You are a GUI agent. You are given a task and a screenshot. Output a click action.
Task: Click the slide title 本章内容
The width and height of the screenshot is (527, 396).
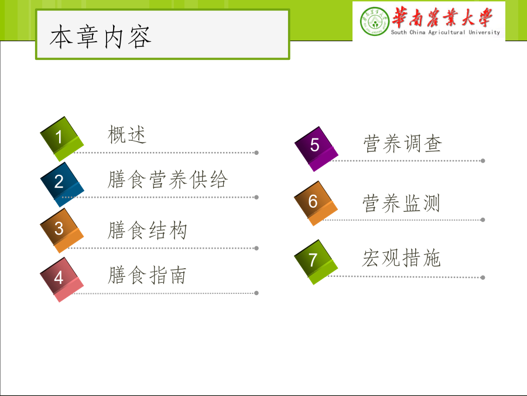(101, 37)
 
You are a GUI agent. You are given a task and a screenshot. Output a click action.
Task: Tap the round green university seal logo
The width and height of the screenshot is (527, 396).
(374, 21)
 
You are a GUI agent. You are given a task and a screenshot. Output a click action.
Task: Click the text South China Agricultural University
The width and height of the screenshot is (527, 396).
(446, 32)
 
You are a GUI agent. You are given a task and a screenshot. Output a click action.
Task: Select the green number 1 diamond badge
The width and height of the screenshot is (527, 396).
(62, 139)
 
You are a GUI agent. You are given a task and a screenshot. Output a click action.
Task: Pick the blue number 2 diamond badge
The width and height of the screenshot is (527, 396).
(62, 185)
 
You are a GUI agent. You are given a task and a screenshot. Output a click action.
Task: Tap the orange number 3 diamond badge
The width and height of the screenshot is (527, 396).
(62, 231)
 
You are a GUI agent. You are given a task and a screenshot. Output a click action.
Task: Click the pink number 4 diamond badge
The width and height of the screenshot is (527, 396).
(62, 279)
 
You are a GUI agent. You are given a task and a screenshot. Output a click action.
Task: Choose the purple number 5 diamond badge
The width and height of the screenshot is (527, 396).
(316, 149)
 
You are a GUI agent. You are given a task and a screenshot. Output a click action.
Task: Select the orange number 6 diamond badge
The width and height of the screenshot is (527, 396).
(316, 204)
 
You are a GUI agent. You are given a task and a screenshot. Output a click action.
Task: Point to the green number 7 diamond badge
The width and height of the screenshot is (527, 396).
(316, 262)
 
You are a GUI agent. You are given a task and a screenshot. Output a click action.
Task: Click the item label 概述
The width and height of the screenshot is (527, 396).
(127, 135)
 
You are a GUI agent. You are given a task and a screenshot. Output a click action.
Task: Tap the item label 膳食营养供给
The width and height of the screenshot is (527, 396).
(167, 180)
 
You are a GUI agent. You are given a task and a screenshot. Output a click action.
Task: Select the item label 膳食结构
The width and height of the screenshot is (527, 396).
(147, 231)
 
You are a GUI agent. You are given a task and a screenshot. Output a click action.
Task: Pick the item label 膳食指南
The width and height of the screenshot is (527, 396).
(147, 275)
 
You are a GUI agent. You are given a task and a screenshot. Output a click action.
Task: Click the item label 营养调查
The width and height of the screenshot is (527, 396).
(403, 144)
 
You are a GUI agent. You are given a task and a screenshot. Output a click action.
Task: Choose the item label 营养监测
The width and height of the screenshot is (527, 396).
(401, 204)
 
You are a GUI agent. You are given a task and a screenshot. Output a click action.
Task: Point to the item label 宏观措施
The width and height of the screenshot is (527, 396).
(401, 258)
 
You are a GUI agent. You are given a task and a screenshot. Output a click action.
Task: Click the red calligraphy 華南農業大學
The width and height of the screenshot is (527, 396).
(442, 17)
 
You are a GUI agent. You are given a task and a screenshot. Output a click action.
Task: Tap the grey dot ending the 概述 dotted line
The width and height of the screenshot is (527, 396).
(256, 153)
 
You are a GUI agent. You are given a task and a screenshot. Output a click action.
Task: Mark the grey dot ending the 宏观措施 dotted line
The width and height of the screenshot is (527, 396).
(483, 277)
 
